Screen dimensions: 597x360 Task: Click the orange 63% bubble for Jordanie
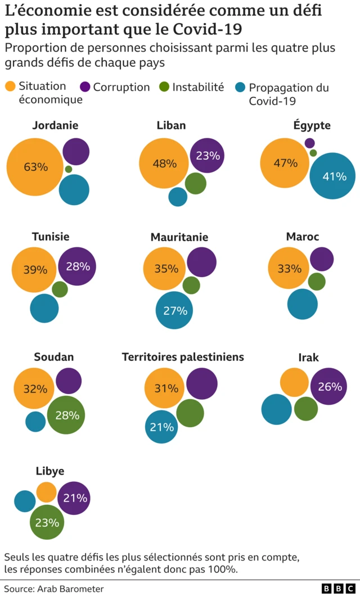point(35,167)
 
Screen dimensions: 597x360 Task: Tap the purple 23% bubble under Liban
point(208,155)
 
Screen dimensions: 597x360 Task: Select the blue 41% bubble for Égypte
point(333,176)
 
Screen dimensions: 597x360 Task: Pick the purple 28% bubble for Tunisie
point(78,266)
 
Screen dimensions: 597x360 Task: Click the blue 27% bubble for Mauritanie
point(175,310)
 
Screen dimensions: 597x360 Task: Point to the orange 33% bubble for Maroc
point(289,269)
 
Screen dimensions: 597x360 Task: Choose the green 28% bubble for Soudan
point(66,415)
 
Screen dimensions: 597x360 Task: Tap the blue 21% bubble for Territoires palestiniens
point(162,427)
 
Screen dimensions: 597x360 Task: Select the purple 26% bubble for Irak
point(329,386)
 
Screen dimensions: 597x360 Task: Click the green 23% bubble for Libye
point(47,522)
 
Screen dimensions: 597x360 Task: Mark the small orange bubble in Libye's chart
point(47,492)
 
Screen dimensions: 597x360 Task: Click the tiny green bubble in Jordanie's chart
point(69,169)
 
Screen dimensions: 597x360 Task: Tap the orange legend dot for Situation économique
point(10,87)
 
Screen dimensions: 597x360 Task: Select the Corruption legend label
point(121,87)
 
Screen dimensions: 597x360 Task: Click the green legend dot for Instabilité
point(164,87)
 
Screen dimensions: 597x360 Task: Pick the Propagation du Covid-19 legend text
point(288,94)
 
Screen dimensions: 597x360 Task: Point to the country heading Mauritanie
point(179,237)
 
